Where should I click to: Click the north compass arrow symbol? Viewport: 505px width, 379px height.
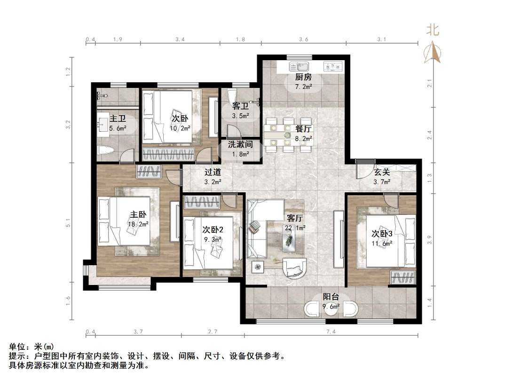pos(433,52)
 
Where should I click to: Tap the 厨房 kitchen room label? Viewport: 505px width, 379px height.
pos(302,78)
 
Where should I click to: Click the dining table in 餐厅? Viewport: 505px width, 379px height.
pos(288,135)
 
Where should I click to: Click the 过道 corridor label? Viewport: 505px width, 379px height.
pos(213,173)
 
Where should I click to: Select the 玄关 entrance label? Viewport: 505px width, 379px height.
pos(382,173)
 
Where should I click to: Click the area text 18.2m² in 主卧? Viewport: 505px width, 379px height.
pos(139,224)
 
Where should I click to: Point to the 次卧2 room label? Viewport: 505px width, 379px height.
pos(213,230)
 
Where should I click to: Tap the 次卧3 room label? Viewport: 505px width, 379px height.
pos(382,233)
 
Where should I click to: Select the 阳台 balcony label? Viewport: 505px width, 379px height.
pos(331,297)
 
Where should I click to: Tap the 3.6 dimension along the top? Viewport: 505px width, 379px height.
pos(303,40)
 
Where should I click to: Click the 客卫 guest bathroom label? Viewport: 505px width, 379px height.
pos(240,106)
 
